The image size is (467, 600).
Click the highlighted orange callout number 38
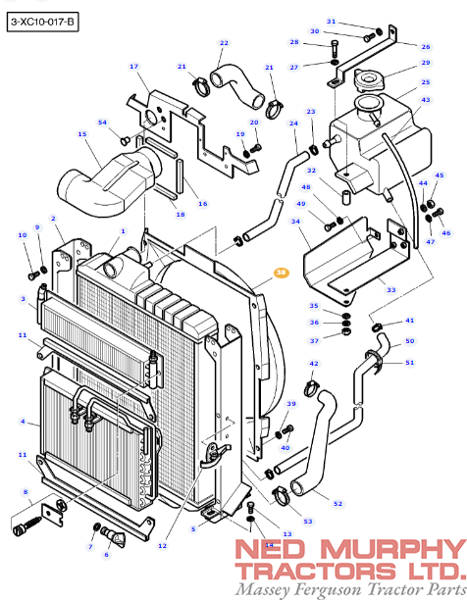point(282,273)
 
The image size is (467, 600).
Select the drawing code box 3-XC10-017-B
point(42,22)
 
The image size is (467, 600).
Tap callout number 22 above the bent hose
point(224,43)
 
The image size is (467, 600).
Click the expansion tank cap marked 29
point(368,80)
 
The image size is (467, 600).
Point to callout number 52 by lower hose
point(337,504)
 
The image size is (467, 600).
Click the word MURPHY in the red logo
point(393,549)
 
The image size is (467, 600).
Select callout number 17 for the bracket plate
point(133,67)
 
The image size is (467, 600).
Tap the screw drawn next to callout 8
point(26,525)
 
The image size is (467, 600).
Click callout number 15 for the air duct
point(82,134)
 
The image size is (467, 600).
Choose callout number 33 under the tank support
point(390,289)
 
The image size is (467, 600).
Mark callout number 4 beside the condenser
point(23,422)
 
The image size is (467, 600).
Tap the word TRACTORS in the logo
point(317,572)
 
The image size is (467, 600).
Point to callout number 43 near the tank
point(426,99)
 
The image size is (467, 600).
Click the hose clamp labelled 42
point(312,388)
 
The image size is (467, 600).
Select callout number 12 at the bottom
point(162,546)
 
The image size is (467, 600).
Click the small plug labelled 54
point(125,140)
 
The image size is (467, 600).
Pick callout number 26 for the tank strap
point(426,47)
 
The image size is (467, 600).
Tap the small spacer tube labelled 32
point(346,198)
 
